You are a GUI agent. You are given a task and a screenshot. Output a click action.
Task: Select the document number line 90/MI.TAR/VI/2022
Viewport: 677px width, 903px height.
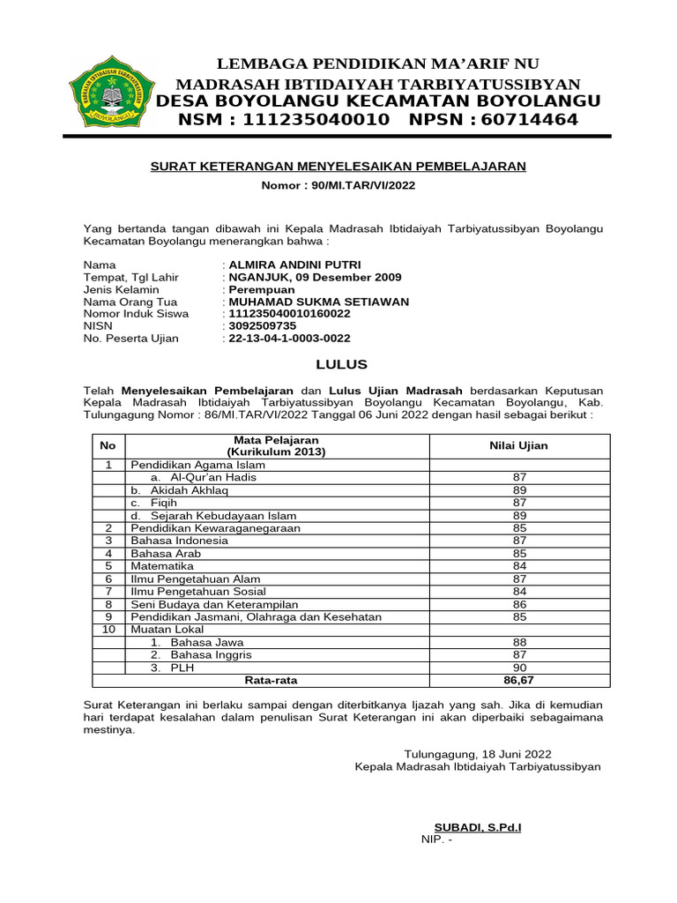coord(338,185)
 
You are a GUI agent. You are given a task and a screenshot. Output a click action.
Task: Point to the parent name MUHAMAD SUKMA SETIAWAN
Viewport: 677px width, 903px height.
coord(318,302)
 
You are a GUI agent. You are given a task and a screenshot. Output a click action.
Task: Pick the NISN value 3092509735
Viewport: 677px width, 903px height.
coord(262,325)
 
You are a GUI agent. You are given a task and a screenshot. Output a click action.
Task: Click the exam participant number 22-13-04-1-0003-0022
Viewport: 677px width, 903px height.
coord(289,338)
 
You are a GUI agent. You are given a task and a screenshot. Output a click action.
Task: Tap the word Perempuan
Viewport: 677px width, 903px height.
coord(262,289)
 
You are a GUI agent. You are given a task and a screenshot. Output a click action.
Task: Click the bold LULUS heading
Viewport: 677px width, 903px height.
coord(342,365)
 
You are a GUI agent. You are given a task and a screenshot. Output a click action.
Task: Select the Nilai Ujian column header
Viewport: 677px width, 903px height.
coord(518,446)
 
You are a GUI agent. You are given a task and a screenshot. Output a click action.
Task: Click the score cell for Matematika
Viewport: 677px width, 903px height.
coord(518,566)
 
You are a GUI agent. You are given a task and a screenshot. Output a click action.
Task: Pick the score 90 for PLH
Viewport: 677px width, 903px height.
coord(518,668)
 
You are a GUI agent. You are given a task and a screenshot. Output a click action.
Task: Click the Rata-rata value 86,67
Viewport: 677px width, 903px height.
coord(518,681)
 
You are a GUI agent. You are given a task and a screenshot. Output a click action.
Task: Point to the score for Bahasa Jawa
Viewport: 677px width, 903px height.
coord(518,643)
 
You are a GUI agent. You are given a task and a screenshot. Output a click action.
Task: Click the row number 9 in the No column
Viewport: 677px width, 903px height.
coord(108,617)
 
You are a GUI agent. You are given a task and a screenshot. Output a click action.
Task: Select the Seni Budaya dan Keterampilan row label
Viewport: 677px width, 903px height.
coord(214,605)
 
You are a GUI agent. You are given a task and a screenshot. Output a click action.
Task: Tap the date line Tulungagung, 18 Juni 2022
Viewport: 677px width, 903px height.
coord(478,754)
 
